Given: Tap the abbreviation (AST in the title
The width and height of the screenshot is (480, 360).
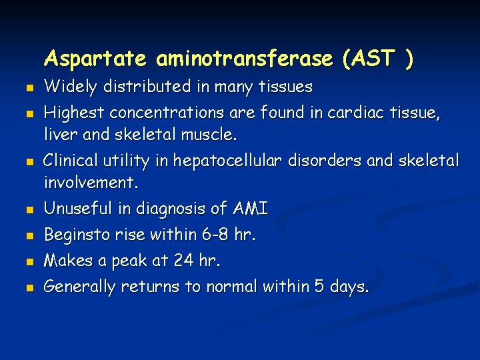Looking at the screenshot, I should click(x=367, y=59).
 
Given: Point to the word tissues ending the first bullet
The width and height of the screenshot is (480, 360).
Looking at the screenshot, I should click(x=288, y=87).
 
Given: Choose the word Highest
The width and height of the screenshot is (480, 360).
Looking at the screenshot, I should click(x=74, y=113).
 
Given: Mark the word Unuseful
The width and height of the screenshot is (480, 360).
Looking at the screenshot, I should click(x=79, y=209).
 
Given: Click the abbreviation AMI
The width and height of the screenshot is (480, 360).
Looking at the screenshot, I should click(x=251, y=209).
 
